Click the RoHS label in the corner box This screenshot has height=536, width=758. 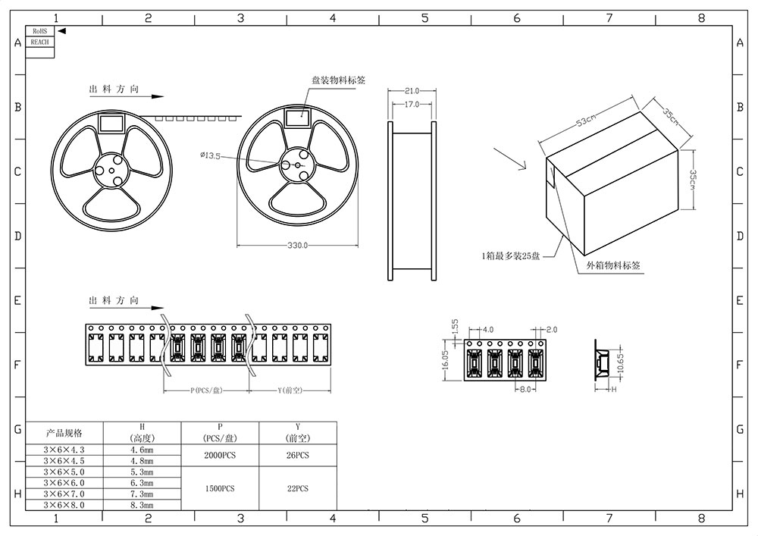click(40, 31)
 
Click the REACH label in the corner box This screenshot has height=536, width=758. click(40, 42)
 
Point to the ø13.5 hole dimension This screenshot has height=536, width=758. click(210, 155)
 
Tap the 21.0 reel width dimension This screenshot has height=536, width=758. click(412, 91)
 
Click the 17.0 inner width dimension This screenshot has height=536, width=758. click(412, 104)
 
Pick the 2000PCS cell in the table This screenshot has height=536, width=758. click(219, 455)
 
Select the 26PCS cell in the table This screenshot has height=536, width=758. click(298, 455)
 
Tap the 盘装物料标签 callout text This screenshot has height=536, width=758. click(339, 80)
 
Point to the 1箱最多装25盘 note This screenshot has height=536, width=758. click(511, 256)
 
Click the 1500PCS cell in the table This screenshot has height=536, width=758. click(219, 488)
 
